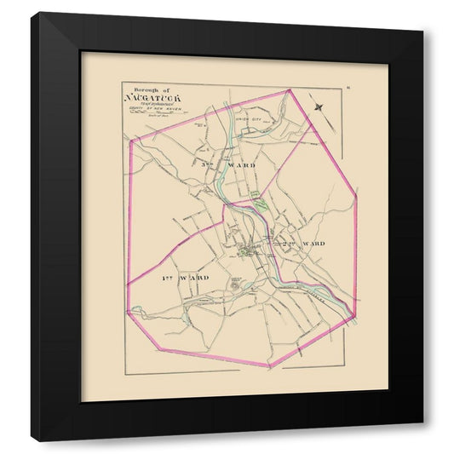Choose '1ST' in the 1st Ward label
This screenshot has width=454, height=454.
[x=168, y=279]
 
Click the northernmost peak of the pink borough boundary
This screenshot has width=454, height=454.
[x=290, y=89]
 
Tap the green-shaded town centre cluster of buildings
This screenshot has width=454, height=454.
[x=249, y=250]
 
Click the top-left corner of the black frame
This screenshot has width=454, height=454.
[x=32, y=13]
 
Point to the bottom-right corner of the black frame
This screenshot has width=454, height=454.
[x=423, y=441]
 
